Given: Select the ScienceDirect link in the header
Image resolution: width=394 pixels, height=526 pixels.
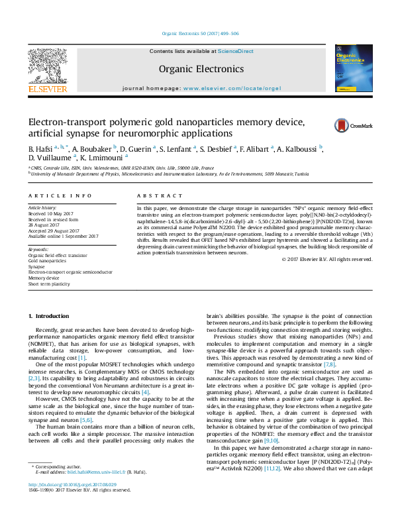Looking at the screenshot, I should [x=236, y=51].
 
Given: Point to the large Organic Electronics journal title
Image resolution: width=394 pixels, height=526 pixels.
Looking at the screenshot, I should [x=201, y=69].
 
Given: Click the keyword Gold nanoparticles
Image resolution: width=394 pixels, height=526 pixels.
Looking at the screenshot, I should [x=46, y=260].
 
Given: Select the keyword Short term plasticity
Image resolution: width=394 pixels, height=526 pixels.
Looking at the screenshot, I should [x=49, y=284].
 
